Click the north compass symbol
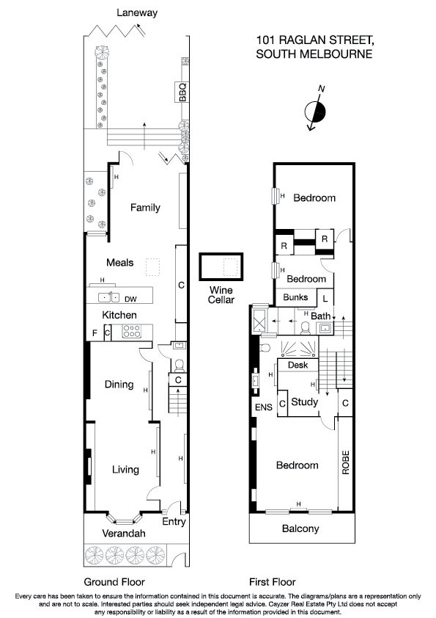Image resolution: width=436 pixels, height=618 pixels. [x=316, y=111]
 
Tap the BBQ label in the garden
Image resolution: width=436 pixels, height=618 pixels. [x=183, y=92]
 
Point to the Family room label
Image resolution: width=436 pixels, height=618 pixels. [x=145, y=208]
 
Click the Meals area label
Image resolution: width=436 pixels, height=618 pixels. [x=120, y=262]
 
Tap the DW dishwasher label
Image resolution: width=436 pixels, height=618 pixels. [x=131, y=299]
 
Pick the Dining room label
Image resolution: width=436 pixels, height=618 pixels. [x=119, y=384]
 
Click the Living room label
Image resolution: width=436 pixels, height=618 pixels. [x=125, y=469]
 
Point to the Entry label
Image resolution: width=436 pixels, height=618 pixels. [x=174, y=522]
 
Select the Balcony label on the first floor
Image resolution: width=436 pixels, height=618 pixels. [x=301, y=528]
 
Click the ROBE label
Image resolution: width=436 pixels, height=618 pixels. [x=345, y=464]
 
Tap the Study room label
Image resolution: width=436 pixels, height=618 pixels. [x=304, y=402]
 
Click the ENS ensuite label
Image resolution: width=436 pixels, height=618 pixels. [x=262, y=407]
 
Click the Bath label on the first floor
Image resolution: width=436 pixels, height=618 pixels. [x=321, y=316]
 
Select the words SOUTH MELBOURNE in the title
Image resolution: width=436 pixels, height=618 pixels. [x=314, y=54]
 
